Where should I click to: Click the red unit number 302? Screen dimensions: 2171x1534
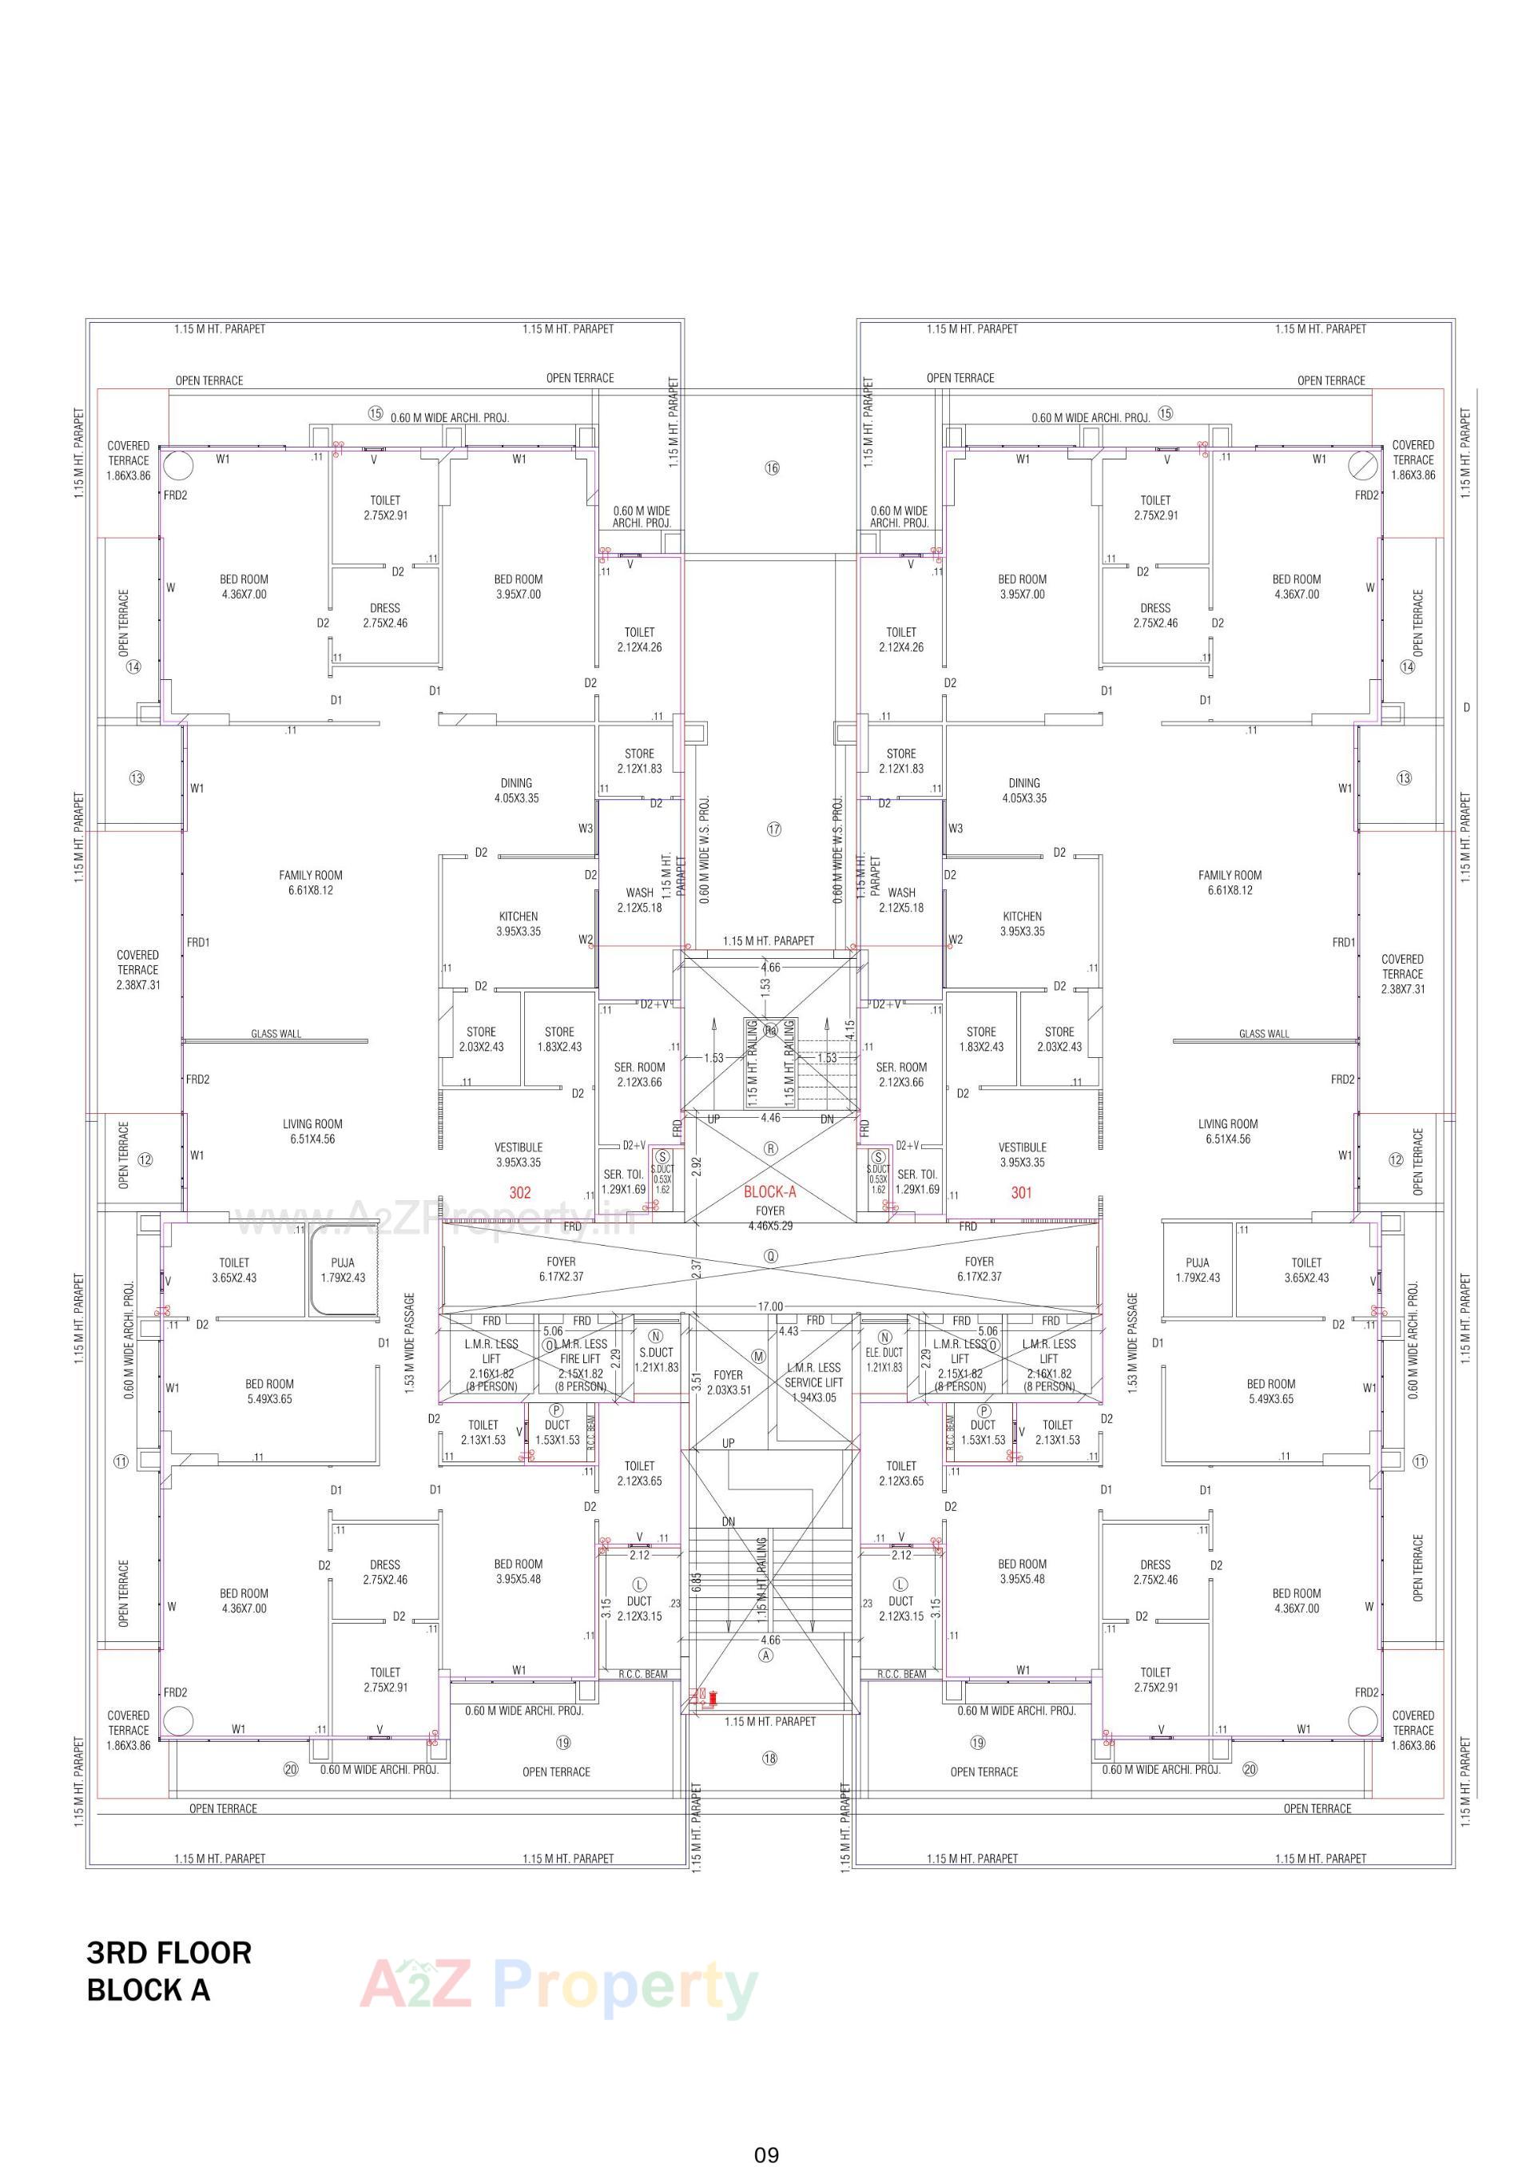pos(520,1192)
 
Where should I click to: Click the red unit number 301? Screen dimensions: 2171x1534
pos(1021,1192)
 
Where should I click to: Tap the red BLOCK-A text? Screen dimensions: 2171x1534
pos(770,1191)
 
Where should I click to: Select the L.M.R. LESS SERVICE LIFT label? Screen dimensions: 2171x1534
pos(813,1382)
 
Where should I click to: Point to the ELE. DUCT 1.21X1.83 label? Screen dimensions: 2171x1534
pos(884,1360)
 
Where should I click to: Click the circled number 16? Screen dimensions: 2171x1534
pos(773,468)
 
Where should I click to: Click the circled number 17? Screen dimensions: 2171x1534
pos(773,829)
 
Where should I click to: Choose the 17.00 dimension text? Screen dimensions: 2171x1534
pos(770,1306)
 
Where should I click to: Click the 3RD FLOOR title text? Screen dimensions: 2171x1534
pos(169,1953)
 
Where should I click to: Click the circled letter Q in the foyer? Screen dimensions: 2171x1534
pos(772,1257)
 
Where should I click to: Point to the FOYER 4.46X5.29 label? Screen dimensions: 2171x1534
pos(770,1218)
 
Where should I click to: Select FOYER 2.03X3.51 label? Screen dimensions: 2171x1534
pos(728,1382)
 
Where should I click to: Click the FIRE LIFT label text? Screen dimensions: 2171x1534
pos(580,1358)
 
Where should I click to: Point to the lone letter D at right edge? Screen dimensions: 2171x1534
pos(1467,707)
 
